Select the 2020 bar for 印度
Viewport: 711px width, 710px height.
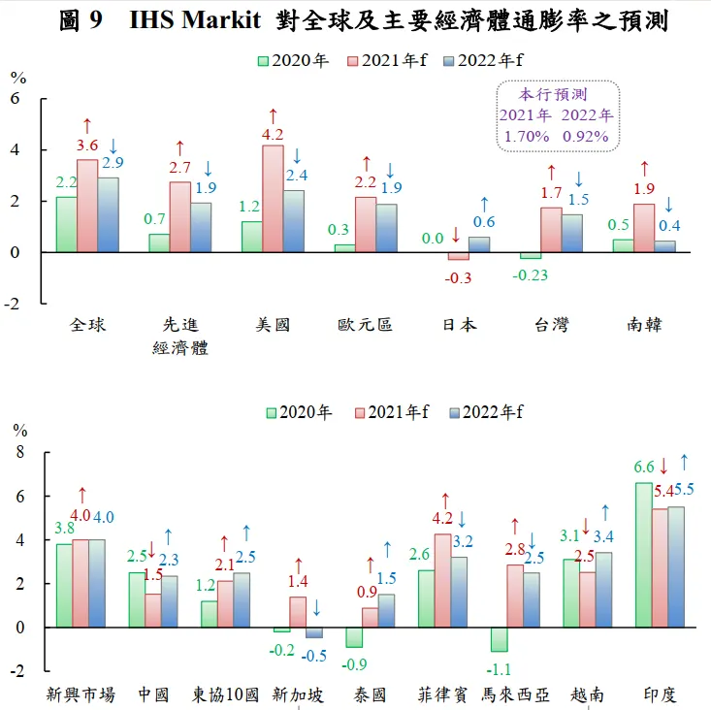click(x=644, y=555)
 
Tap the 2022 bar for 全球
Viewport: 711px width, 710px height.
click(x=108, y=214)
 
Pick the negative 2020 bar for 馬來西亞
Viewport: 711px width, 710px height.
click(x=500, y=639)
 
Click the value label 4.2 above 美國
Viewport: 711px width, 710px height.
click(x=273, y=135)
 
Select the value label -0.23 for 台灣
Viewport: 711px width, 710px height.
click(x=530, y=274)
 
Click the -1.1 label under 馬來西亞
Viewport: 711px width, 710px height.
click(x=500, y=667)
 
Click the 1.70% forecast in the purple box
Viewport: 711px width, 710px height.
click(x=526, y=137)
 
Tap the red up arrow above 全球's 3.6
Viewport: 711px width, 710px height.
click(x=87, y=125)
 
